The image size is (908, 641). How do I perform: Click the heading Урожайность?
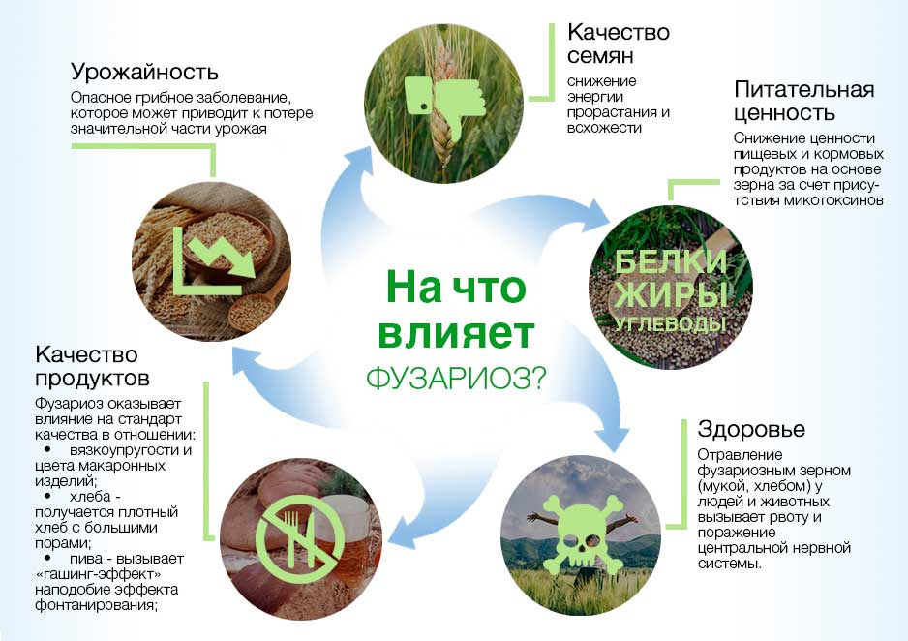coord(144,72)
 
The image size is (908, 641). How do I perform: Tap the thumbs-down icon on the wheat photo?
coord(443,104)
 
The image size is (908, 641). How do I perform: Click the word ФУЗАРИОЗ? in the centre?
coord(456,379)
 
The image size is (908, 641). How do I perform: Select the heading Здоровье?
coord(751,429)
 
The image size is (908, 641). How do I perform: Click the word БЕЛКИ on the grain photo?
coord(670,262)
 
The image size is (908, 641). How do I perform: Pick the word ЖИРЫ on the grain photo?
coord(671,294)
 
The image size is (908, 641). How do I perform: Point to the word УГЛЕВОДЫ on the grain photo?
coord(670,323)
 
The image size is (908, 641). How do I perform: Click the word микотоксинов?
coord(833,201)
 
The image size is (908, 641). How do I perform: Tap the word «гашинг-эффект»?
coord(98,574)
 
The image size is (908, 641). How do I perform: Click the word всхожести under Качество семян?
coord(604,128)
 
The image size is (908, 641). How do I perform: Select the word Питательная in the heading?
coord(803,90)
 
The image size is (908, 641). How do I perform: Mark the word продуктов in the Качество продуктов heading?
coord(93,379)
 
